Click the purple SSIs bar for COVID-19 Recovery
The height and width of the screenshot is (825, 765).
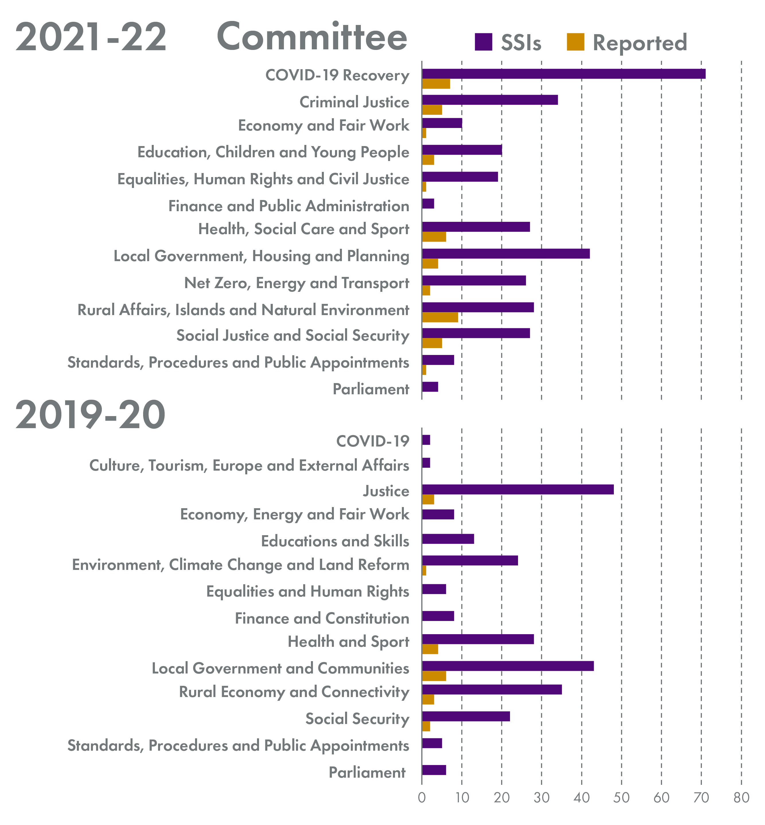point(563,74)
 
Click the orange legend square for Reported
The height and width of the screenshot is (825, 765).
point(575,42)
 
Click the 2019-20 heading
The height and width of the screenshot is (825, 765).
point(90,416)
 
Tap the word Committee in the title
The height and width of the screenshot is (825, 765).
point(312,37)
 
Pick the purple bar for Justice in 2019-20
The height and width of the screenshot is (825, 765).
point(517,490)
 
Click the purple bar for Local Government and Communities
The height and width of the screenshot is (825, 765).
point(507,666)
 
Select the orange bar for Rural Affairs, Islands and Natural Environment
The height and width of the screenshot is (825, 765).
point(440,318)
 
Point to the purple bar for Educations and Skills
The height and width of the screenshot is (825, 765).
point(448,539)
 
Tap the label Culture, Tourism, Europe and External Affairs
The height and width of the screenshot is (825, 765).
point(249,465)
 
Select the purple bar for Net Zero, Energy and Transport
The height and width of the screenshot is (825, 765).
point(474,280)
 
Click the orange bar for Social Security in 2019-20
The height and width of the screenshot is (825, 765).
point(426,727)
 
